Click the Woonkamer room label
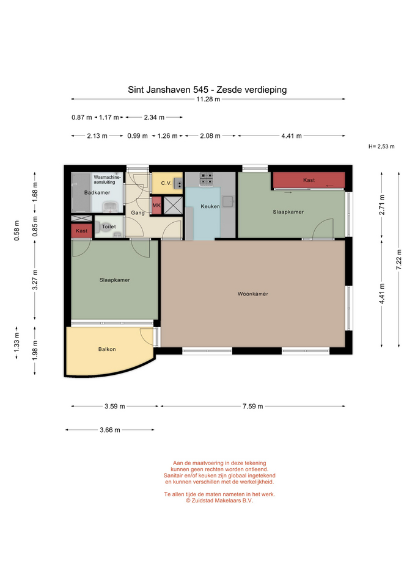point(252,294)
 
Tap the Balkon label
point(107,349)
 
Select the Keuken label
point(210,206)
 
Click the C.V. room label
point(166,183)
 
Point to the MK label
point(156,205)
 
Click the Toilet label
point(109,226)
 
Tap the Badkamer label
point(97,192)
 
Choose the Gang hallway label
point(138,212)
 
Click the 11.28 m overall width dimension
point(208,99)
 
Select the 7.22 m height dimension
point(399,259)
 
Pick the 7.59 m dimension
point(252,407)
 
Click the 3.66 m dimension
point(109,430)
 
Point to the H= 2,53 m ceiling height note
point(381,146)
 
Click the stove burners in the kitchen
point(206,179)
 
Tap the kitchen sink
point(228,202)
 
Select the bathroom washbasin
point(111,207)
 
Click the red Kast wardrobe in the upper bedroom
point(309,180)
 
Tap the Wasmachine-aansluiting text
point(108,179)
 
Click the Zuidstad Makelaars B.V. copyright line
point(219,501)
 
